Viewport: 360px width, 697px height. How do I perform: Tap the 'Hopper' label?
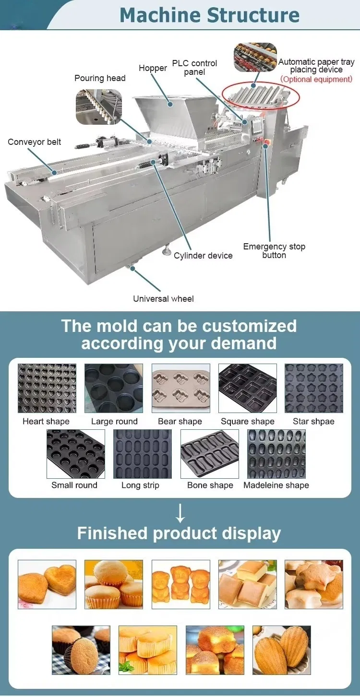(x=153, y=68)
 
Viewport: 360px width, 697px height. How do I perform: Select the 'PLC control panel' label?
(x=194, y=68)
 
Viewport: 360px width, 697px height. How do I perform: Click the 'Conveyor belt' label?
(x=35, y=142)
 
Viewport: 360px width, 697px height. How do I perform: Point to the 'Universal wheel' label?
(x=163, y=299)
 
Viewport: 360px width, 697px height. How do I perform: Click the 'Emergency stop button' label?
(x=274, y=251)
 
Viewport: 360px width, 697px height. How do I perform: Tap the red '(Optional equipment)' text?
(x=316, y=79)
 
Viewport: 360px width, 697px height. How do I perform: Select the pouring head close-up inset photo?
(x=99, y=106)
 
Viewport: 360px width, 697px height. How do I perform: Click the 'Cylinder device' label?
(x=203, y=256)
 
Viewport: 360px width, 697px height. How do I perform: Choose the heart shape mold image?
(x=47, y=388)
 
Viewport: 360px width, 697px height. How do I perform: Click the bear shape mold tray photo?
(x=181, y=388)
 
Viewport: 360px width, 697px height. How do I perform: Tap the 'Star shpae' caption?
(x=313, y=422)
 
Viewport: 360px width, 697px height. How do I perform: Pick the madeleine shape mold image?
(x=276, y=454)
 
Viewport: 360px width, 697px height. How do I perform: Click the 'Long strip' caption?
(x=140, y=485)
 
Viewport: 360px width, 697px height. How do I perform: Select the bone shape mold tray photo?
(x=210, y=454)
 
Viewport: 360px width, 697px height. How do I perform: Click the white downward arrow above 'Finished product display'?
(x=180, y=513)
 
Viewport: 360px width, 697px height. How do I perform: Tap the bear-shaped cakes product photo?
(x=181, y=584)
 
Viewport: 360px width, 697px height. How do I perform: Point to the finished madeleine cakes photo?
(x=282, y=650)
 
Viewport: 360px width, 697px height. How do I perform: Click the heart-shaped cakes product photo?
(x=47, y=584)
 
